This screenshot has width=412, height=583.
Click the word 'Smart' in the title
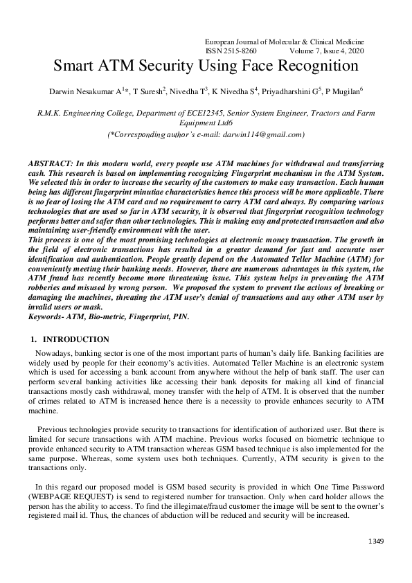pos(75,66)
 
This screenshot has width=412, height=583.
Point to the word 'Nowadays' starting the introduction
pos(53,352)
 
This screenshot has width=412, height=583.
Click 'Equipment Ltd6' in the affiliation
pos(206,122)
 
